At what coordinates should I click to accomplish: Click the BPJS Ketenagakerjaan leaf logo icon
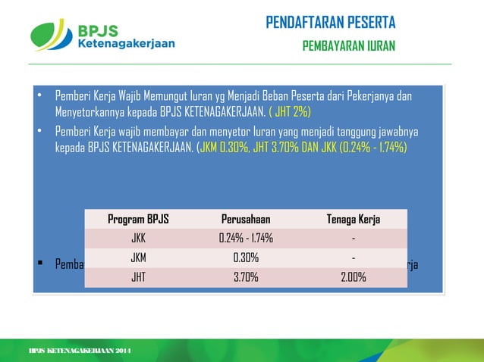tap(52, 35)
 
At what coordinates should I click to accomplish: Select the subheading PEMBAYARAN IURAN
tap(348, 46)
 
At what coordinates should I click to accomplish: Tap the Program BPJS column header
tap(138, 220)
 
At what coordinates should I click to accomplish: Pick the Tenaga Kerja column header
tap(353, 220)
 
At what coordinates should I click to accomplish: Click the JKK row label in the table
tap(138, 239)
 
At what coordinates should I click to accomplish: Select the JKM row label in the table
tap(138, 258)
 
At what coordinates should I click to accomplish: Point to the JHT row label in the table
tap(138, 277)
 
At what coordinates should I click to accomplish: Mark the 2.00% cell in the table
tap(353, 277)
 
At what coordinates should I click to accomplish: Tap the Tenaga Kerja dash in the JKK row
tap(353, 239)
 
